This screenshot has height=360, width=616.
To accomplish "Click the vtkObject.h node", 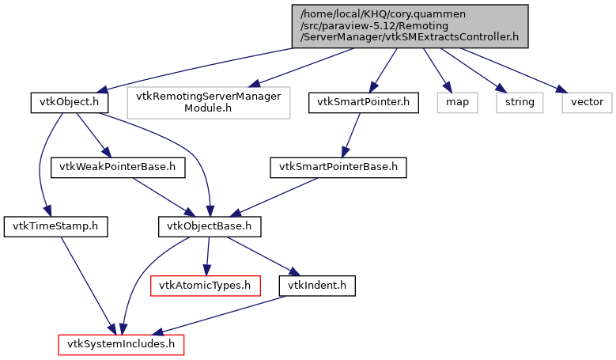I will coord(59,101).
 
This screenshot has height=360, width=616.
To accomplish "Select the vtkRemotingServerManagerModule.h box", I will coord(208,101).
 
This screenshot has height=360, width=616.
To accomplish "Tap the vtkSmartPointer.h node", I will coord(363,101).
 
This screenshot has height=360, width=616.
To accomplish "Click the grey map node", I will coord(457,101).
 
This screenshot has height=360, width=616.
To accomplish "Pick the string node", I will coord(520,101).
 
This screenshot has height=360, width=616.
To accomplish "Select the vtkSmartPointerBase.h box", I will coord(338,167).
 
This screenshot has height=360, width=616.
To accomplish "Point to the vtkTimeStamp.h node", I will coord(55,226).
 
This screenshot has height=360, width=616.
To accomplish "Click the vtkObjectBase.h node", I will coord(209,226).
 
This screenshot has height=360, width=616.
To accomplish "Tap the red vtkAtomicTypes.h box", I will coord(205,285).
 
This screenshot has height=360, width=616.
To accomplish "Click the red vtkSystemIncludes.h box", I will coord(121,344).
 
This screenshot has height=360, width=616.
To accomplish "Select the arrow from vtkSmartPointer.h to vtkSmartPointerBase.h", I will coord(352,134).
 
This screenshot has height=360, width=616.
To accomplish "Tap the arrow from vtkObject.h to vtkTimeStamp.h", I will coord(40,158).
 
